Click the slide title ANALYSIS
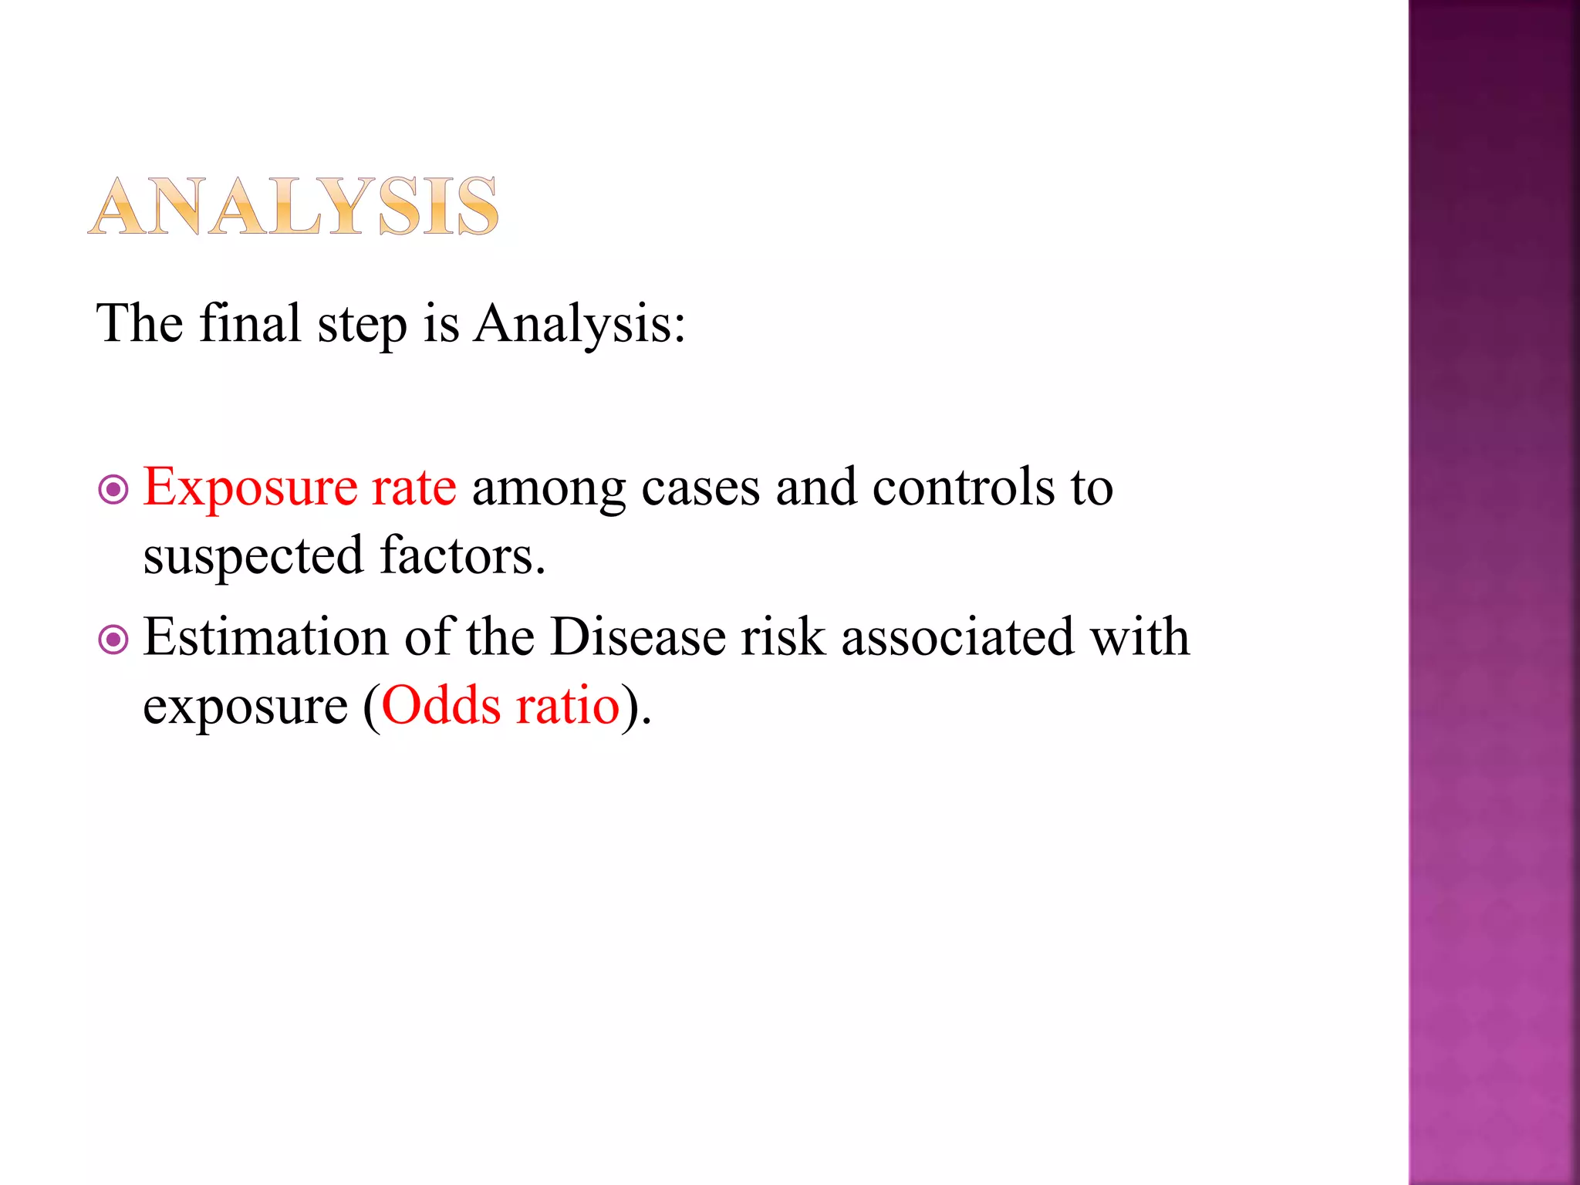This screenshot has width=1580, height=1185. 293,206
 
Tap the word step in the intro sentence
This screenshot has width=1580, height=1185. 362,324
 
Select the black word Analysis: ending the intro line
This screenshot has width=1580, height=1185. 579,324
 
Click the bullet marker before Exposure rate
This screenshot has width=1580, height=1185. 113,489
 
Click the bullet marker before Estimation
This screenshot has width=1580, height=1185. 113,639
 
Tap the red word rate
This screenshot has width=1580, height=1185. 414,488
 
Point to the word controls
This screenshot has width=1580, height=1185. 963,488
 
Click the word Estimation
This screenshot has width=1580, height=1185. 265,637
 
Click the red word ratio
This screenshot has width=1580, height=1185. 568,705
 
